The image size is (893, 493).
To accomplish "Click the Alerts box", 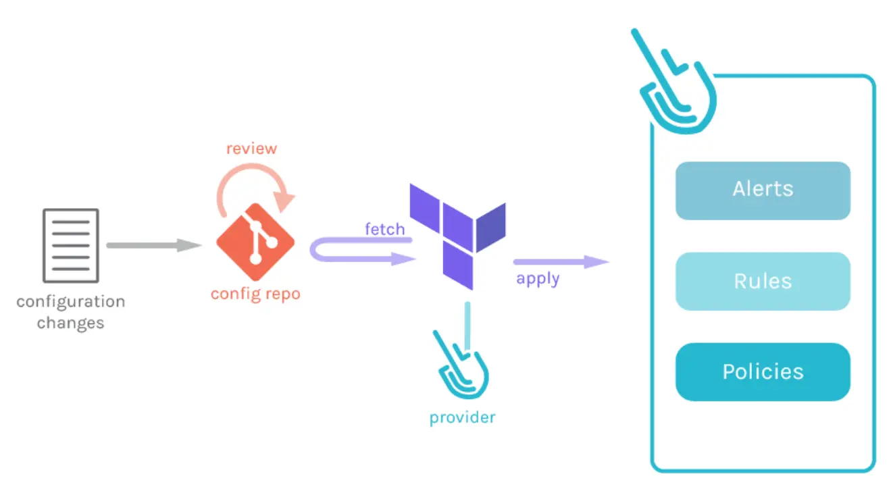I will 763,190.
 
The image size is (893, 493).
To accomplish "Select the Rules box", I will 763,281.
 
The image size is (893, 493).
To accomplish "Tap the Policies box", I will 763,372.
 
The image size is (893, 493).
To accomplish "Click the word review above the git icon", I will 251,149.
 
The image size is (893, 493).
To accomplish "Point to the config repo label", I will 255,294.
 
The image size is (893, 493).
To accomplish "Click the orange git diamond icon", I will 255,241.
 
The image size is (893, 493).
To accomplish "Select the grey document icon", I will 70,244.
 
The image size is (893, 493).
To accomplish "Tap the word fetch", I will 384,229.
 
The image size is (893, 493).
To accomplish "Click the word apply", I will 538,278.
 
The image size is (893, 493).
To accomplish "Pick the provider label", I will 462,417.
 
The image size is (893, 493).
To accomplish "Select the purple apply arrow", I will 561,261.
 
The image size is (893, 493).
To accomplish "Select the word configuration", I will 70,302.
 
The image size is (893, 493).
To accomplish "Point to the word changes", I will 70,323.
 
